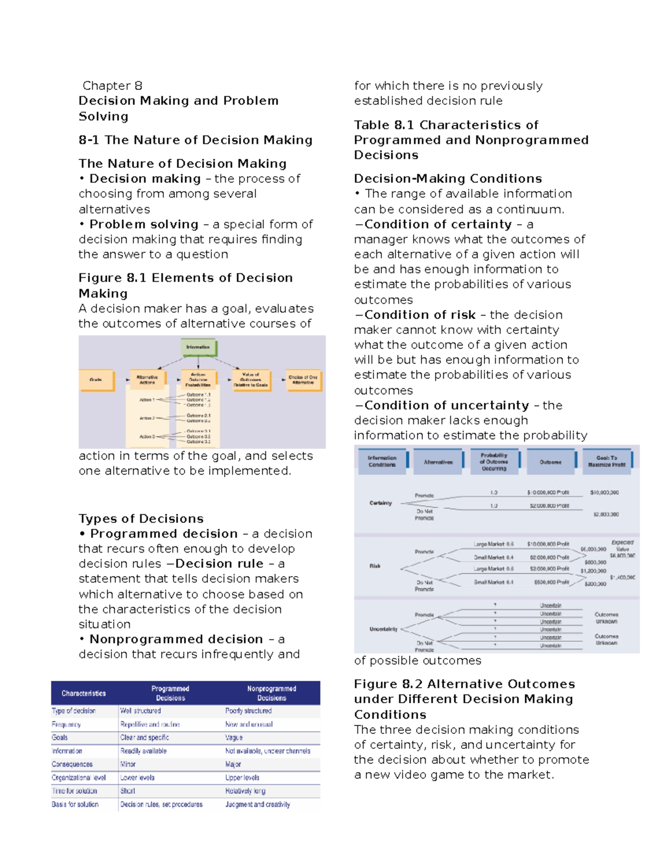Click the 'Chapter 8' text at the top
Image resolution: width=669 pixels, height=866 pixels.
tap(112, 86)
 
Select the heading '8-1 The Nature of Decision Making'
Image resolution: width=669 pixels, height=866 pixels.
tap(195, 140)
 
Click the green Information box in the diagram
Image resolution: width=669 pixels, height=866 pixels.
tap(198, 347)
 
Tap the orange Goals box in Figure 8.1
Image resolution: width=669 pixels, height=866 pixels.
tap(96, 380)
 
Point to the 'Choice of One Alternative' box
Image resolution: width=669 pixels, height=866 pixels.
tap(303, 380)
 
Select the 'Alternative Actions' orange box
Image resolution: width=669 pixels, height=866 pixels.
tap(147, 380)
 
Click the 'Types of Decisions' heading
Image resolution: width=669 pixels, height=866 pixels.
tap(141, 519)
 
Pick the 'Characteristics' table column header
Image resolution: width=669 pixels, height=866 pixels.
tap(84, 693)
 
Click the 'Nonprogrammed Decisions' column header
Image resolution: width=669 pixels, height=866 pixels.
tap(272, 693)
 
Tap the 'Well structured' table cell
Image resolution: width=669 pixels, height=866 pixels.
tap(140, 711)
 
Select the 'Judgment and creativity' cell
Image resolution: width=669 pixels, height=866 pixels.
tap(258, 804)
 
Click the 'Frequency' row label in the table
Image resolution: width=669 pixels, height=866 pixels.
tap(66, 724)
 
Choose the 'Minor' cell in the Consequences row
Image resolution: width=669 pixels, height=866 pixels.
tap(128, 764)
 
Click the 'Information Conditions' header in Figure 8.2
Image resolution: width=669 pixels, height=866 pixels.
tap(382, 461)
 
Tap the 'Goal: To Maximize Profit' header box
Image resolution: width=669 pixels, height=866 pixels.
tap(607, 461)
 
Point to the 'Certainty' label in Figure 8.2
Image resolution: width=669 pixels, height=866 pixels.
tap(381, 503)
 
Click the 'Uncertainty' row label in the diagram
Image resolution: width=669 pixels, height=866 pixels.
tap(384, 629)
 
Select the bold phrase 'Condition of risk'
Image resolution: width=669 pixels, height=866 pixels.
tap(420, 315)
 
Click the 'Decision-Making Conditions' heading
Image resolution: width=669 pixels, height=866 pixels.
tap(448, 178)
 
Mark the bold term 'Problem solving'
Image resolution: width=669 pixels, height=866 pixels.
tap(144, 224)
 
